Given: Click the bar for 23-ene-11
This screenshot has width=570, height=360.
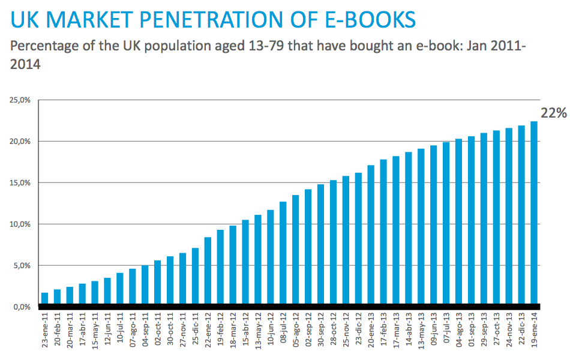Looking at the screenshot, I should pyautogui.click(x=44, y=299).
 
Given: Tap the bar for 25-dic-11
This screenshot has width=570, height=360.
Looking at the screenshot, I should pyautogui.click(x=195, y=277).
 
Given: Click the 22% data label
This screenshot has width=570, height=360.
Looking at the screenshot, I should pyautogui.click(x=553, y=113).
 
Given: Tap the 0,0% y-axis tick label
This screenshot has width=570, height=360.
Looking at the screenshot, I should pyautogui.click(x=21, y=307).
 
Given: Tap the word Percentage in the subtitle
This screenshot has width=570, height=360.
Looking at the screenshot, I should pyautogui.click(x=44, y=46).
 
